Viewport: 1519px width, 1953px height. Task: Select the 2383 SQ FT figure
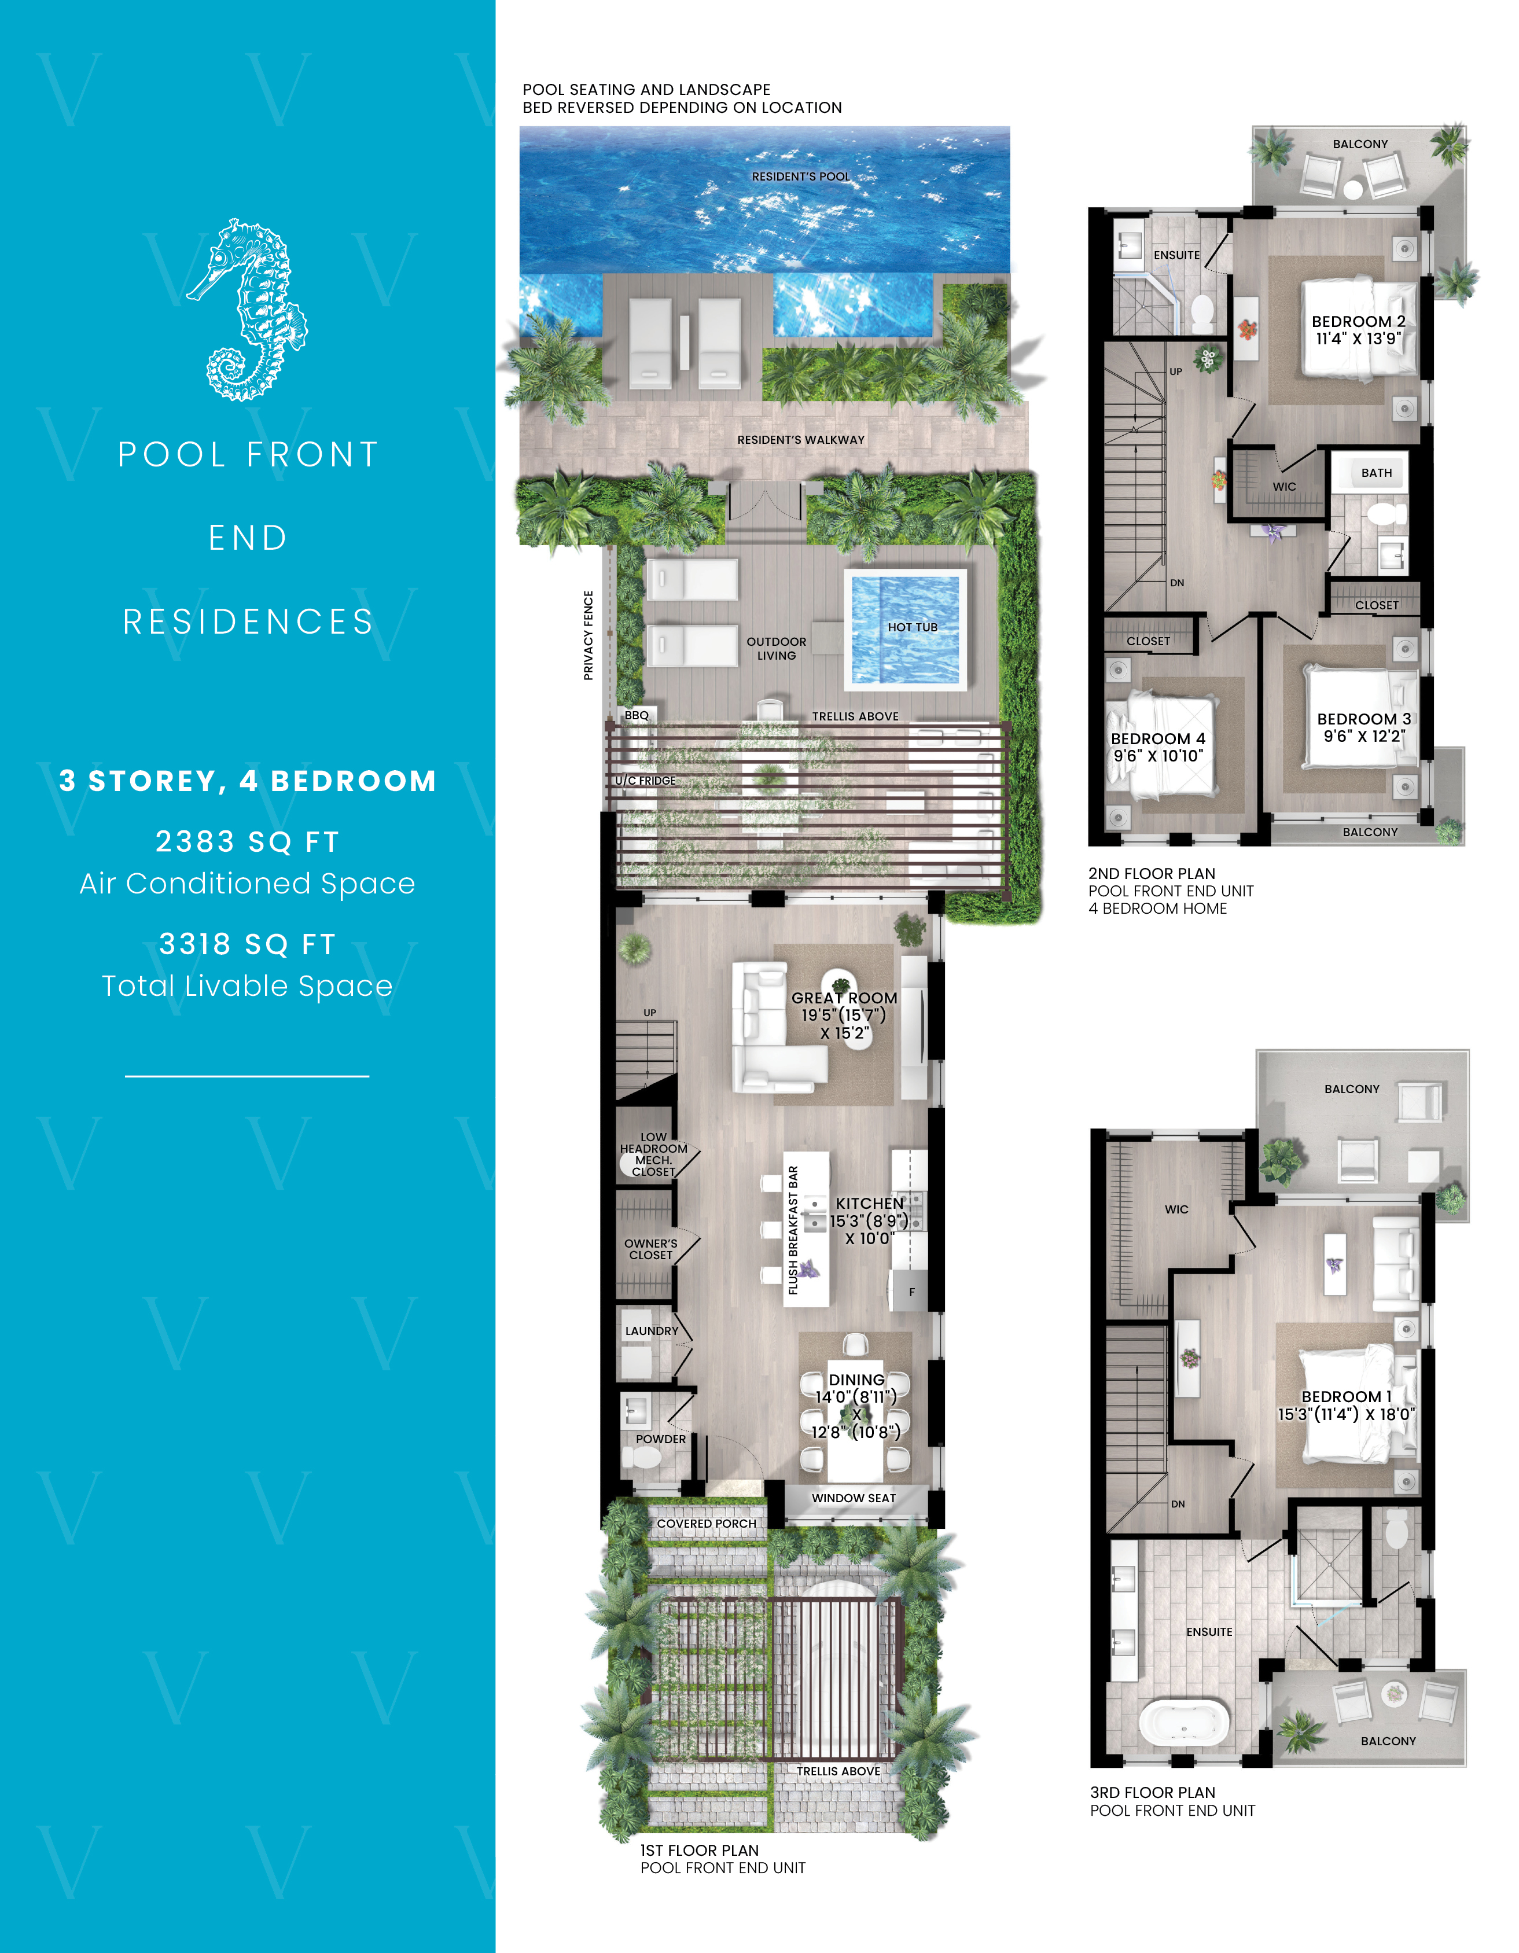tap(248, 841)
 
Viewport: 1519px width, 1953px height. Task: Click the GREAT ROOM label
tap(844, 998)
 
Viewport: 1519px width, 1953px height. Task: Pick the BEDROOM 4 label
tap(1158, 738)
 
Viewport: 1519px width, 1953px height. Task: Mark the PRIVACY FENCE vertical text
tap(589, 635)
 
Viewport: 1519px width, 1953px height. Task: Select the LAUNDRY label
tap(651, 1330)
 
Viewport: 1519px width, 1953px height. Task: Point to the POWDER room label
tap(661, 1439)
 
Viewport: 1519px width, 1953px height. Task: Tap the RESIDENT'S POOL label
tap(800, 176)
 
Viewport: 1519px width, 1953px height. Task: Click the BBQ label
tap(637, 715)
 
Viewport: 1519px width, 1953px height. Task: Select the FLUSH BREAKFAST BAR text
tap(793, 1230)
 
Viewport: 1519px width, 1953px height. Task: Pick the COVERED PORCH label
tap(707, 1524)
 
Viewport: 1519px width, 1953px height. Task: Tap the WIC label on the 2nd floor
tap(1284, 487)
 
